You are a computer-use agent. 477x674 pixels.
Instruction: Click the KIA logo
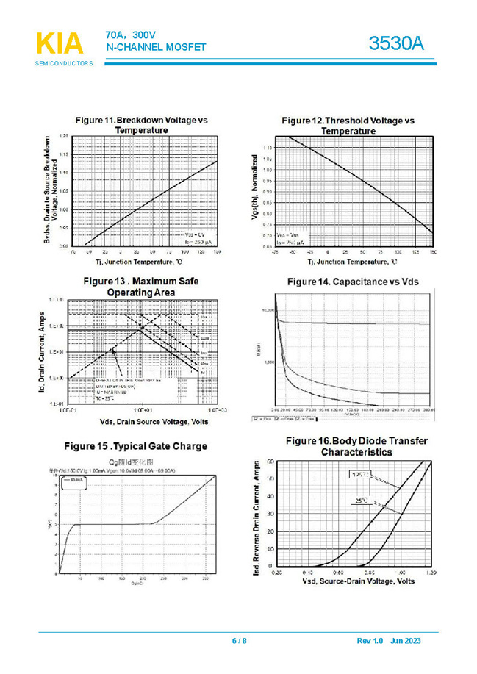pyautogui.click(x=60, y=43)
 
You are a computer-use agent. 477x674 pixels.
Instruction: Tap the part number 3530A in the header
pyautogui.click(x=397, y=43)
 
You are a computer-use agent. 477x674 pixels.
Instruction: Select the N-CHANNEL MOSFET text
pyautogui.click(x=156, y=47)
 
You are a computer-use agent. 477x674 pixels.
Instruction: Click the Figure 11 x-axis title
pyautogui.click(x=137, y=262)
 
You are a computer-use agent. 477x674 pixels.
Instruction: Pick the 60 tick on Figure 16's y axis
pyautogui.click(x=270, y=462)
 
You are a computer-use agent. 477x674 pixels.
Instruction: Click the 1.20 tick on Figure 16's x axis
pyautogui.click(x=431, y=572)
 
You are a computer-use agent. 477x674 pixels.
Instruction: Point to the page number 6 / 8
pyautogui.click(x=239, y=641)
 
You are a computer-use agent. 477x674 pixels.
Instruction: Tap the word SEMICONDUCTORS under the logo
pyautogui.click(x=64, y=64)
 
